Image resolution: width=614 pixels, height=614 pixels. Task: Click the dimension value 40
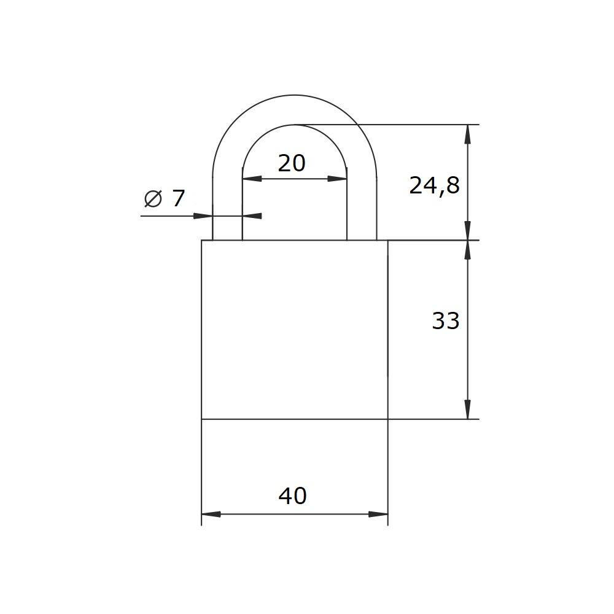pyautogui.click(x=292, y=495)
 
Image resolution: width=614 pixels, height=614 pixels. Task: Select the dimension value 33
pyautogui.click(x=445, y=321)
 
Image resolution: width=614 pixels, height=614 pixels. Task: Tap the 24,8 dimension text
pyautogui.click(x=434, y=186)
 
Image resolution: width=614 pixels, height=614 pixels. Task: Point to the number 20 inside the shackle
pyautogui.click(x=291, y=163)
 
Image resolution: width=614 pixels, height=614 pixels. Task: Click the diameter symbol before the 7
pyautogui.click(x=153, y=198)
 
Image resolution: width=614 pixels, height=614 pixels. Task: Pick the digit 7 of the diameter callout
pyautogui.click(x=178, y=198)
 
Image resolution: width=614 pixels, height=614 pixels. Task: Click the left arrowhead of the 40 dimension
pyautogui.click(x=211, y=514)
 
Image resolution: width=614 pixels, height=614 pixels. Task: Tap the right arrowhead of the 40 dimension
pyautogui.click(x=378, y=514)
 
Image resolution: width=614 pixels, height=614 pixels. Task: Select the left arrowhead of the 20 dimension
pyautogui.click(x=252, y=179)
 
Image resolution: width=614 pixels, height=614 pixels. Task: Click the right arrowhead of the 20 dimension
pyautogui.click(x=337, y=179)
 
